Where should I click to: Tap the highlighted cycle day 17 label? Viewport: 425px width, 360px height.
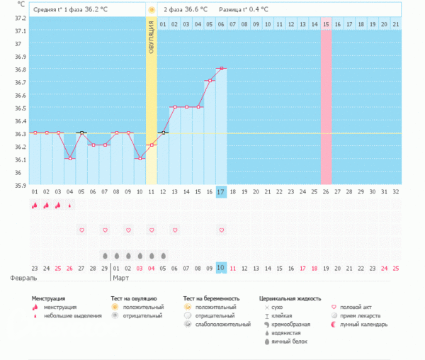pyautogui.click(x=221, y=192)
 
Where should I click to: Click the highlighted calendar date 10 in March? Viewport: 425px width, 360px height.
pyautogui.click(x=221, y=268)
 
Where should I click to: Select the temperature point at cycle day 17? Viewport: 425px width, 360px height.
pyautogui.click(x=221, y=68)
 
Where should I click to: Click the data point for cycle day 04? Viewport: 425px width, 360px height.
pyautogui.click(x=69, y=158)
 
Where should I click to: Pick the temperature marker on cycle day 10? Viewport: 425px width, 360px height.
pyautogui.click(x=140, y=158)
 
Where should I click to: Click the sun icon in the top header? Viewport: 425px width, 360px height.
pyautogui.click(x=151, y=10)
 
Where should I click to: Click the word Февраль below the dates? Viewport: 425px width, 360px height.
pyautogui.click(x=19, y=279)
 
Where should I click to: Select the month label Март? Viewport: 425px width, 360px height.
pyautogui.click(x=121, y=279)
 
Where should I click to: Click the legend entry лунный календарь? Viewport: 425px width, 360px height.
pyautogui.click(x=363, y=325)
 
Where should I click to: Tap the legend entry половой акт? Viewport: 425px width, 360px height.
pyautogui.click(x=358, y=307)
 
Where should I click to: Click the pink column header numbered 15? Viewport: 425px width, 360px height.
pyautogui.click(x=326, y=25)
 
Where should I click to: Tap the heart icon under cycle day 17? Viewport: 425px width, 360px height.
pyautogui.click(x=221, y=230)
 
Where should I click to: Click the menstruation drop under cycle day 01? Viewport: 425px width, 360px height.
pyautogui.click(x=34, y=206)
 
